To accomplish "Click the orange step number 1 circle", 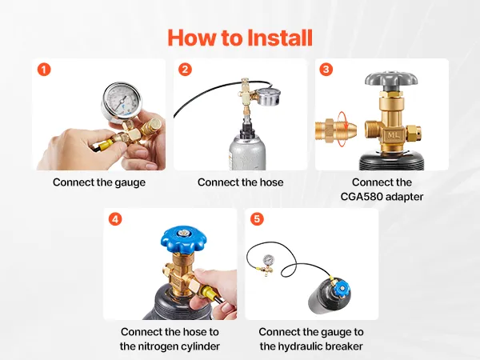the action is [x=44, y=70].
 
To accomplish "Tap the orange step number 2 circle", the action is [x=186, y=70].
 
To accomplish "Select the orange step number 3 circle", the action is [x=326, y=70].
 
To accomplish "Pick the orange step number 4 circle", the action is [x=115, y=219].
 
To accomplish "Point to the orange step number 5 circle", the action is [x=257, y=219].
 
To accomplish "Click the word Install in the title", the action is [x=279, y=38].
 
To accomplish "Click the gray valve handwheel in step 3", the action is [x=391, y=81].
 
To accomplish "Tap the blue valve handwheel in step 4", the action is [x=184, y=238].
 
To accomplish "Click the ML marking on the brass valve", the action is [x=393, y=135].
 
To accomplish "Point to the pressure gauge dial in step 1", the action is [x=121, y=100].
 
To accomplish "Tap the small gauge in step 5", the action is [x=269, y=261].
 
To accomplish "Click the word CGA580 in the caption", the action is [x=361, y=197].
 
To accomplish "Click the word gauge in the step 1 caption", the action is [x=130, y=183].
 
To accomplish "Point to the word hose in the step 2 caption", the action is [x=271, y=182].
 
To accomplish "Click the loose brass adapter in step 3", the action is [x=336, y=129].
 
